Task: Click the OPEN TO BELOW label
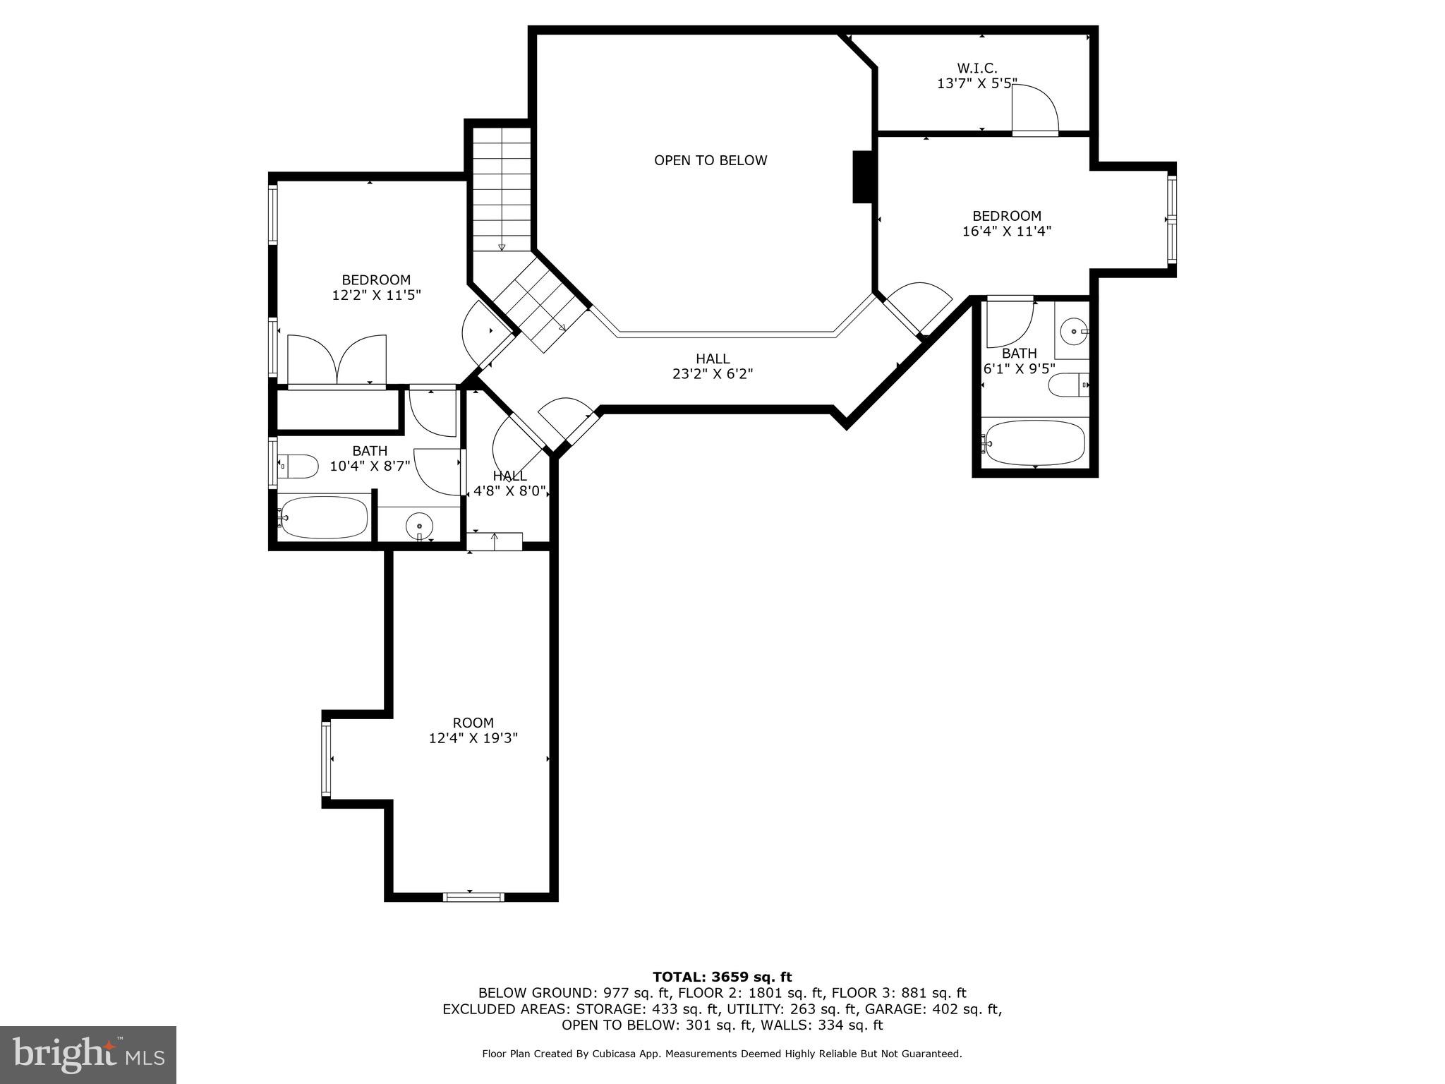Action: (710, 160)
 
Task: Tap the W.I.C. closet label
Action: (977, 68)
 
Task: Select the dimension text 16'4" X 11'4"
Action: (1006, 231)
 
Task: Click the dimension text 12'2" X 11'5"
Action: (376, 295)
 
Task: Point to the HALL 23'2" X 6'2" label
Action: (713, 366)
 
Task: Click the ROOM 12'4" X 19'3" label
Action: (473, 730)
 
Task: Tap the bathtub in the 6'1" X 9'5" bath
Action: (1034, 443)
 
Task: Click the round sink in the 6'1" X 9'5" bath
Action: (1073, 330)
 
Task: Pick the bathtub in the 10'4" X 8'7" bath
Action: (322, 518)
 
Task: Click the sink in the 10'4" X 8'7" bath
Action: (419, 526)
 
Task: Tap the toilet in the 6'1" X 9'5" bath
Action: (1068, 385)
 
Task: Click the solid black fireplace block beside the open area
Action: (863, 176)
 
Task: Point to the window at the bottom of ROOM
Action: (473, 897)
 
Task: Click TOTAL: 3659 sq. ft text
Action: (722, 977)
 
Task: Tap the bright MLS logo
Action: (88, 1054)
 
